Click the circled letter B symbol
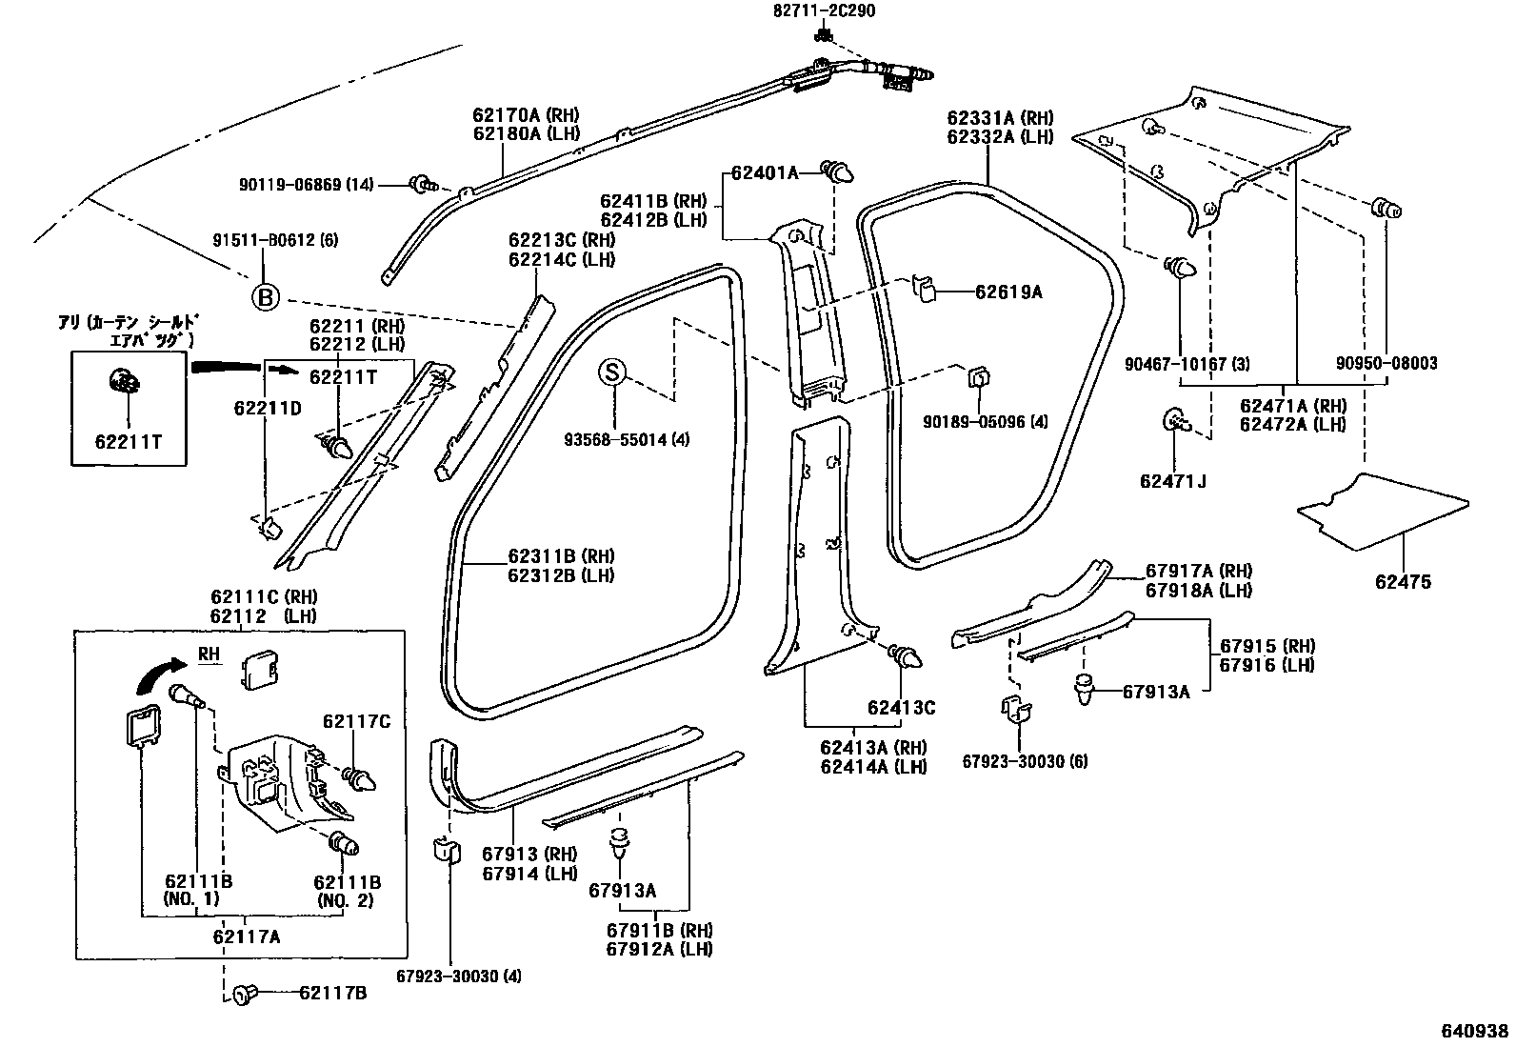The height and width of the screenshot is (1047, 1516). click(266, 298)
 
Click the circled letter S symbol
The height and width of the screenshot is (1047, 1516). click(612, 372)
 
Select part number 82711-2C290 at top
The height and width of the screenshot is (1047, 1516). click(824, 11)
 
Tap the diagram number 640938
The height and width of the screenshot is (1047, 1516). click(1475, 1031)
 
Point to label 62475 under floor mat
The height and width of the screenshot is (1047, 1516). click(1402, 582)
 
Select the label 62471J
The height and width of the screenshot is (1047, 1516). click(1172, 481)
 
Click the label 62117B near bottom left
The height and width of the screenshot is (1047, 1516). click(332, 994)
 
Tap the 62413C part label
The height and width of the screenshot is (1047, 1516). click(900, 707)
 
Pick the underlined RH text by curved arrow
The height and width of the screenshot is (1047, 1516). click(209, 654)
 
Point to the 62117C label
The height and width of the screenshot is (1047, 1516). click(356, 721)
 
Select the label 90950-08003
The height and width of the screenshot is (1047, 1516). click(1386, 363)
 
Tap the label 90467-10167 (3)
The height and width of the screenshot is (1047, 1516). click(1187, 363)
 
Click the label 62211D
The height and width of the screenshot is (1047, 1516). click(268, 408)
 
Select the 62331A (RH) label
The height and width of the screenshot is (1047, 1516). click(1000, 118)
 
